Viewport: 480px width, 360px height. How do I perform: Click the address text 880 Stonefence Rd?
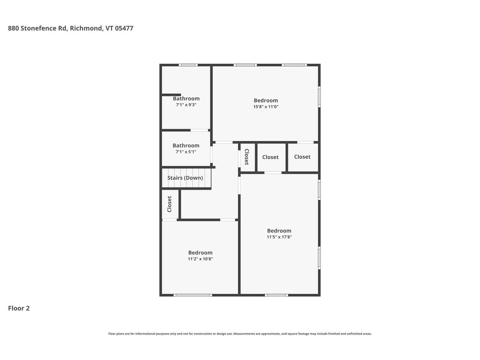(37, 28)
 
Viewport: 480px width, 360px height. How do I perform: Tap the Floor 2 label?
(19, 308)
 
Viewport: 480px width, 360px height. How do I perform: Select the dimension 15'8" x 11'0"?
(266, 106)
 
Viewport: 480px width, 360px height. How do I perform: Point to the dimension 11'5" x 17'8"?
(279, 237)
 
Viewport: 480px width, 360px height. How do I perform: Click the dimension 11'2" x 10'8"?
(200, 259)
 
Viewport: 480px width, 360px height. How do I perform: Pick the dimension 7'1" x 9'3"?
(186, 105)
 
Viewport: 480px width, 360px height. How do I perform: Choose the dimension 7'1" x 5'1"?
(186, 152)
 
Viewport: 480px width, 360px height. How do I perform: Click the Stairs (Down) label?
(185, 178)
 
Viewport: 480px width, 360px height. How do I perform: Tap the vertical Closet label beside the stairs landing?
(169, 204)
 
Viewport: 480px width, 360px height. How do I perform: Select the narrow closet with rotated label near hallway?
(247, 157)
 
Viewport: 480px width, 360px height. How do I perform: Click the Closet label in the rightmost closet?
(302, 157)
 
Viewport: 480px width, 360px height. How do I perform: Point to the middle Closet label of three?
(270, 157)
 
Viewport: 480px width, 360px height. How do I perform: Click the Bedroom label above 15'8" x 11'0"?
(266, 100)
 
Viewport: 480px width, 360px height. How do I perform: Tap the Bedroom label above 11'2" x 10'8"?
(200, 252)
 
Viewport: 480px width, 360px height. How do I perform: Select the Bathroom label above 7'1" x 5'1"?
(186, 145)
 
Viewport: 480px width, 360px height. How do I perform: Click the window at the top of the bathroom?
(188, 65)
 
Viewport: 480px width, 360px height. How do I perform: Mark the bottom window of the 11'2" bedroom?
(193, 295)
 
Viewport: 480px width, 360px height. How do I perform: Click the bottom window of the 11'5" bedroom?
(276, 295)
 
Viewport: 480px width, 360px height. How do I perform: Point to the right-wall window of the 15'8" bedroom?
(319, 97)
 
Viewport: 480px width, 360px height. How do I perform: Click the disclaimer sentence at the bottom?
(240, 334)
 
